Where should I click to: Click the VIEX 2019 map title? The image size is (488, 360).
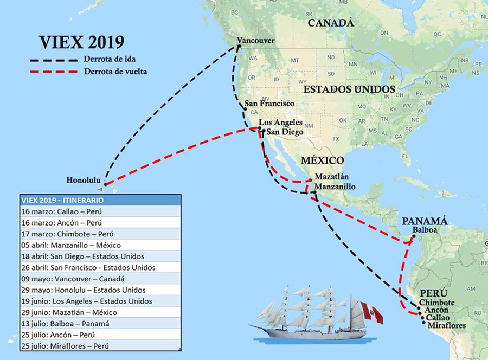point(81,42)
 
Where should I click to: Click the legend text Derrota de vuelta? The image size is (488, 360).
point(115,71)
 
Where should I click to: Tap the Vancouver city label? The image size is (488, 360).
point(256,41)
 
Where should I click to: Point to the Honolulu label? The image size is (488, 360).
point(84,179)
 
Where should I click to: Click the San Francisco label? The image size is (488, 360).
point(269,103)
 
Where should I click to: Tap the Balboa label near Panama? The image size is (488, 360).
point(424,229)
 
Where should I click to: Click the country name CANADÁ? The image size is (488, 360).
point(330,23)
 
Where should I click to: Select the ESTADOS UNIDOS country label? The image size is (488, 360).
point(349,88)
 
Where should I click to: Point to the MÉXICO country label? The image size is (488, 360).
point(323,160)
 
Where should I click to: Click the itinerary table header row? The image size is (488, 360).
point(100,200)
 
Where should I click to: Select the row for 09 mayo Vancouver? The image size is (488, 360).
point(100,279)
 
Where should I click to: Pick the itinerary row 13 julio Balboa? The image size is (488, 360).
point(100,324)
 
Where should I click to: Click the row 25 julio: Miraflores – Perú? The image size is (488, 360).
point(100,346)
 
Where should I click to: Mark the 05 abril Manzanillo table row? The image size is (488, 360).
point(100,245)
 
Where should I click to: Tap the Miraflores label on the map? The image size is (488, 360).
point(446,325)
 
